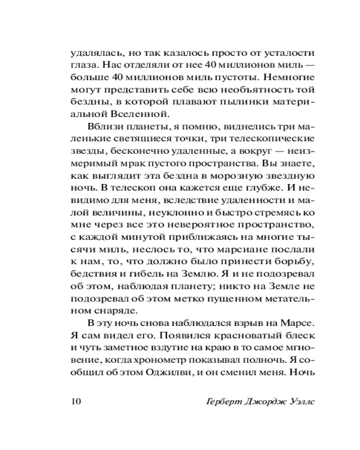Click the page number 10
[x=73, y=401]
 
